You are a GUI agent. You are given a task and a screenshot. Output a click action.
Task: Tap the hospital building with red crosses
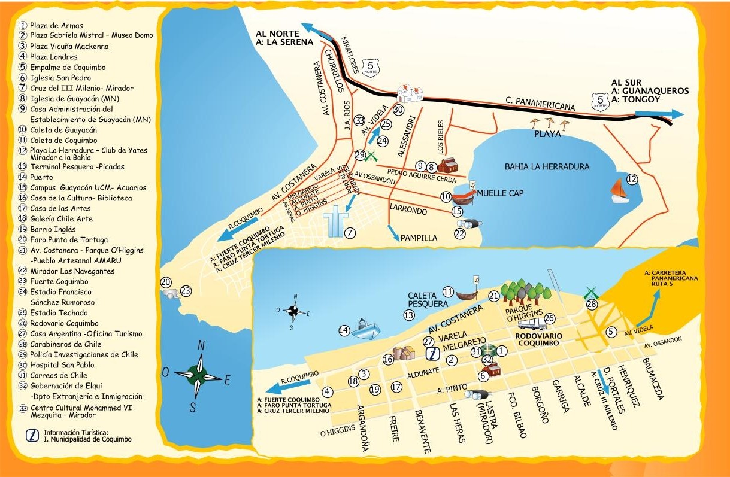click(x=411, y=93)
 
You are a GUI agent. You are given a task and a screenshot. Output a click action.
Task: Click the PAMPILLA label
click(x=419, y=238)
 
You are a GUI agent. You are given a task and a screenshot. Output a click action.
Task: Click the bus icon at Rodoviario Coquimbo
click(x=531, y=324)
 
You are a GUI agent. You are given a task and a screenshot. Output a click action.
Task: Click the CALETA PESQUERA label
click(x=428, y=299)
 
